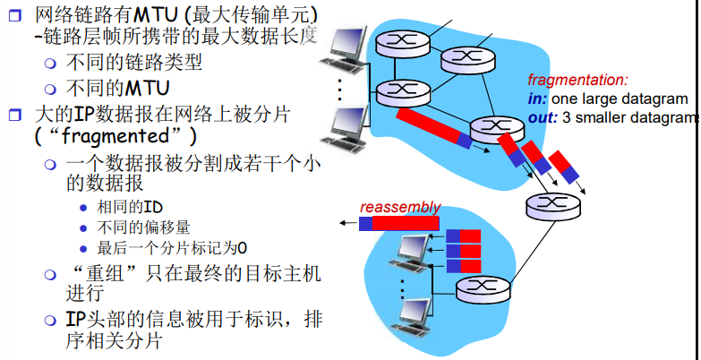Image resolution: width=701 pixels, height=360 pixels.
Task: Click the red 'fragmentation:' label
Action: pos(577,80)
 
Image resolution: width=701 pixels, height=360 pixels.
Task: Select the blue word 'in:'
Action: pos(537,99)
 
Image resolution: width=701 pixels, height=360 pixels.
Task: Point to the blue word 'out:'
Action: pos(543,117)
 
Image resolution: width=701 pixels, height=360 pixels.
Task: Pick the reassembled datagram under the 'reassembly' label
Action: pos(399,223)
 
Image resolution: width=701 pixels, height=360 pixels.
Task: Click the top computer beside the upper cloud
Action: pos(345,49)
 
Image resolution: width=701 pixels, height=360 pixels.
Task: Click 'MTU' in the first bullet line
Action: pos(158,15)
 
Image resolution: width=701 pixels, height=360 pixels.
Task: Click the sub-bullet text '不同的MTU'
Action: pos(118,89)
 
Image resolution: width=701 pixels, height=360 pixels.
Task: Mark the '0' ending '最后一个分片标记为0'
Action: pos(242,248)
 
